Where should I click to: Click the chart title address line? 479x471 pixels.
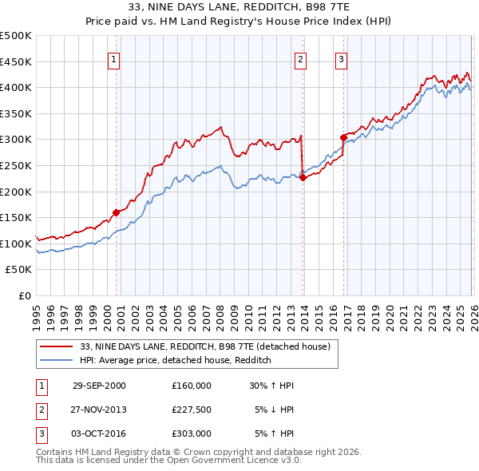click(x=239, y=9)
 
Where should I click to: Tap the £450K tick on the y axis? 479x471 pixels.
click(x=16, y=61)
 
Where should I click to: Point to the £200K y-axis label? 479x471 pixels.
click(x=16, y=192)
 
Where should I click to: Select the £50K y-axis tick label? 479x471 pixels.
click(x=19, y=270)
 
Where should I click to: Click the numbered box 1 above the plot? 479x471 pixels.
click(x=114, y=59)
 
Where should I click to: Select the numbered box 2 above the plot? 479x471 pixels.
click(x=300, y=59)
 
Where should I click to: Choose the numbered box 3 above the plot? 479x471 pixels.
click(x=341, y=59)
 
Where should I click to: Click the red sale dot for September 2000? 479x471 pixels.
click(x=117, y=212)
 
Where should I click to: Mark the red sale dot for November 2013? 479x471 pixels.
click(x=303, y=177)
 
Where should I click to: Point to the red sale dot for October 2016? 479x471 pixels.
click(x=343, y=137)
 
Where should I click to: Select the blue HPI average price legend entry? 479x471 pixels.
click(x=176, y=360)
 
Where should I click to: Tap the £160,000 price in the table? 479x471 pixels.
click(x=191, y=386)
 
